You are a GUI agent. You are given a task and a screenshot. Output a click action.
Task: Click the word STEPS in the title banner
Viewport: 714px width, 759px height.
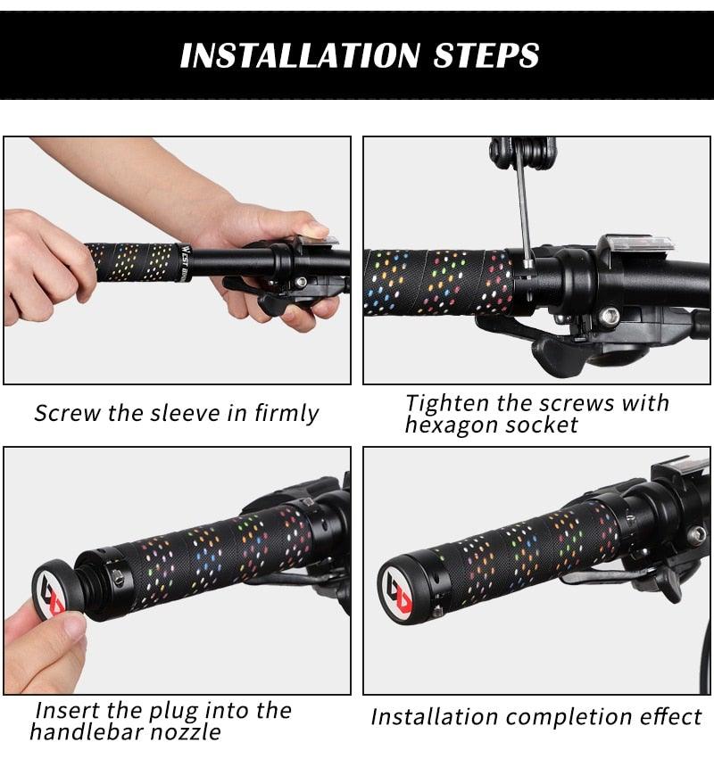click(486, 54)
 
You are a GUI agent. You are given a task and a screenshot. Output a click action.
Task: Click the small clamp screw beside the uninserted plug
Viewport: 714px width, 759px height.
click(118, 579)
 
